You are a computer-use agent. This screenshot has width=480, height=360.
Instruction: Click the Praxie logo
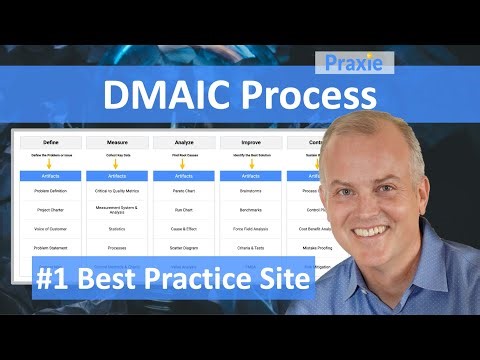tap(352, 63)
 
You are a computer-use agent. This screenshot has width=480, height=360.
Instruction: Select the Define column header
tap(50, 142)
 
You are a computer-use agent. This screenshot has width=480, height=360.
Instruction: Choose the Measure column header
tap(117, 142)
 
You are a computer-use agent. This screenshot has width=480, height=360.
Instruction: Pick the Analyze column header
tap(183, 142)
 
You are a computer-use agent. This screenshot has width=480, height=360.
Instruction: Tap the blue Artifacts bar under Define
tap(50, 175)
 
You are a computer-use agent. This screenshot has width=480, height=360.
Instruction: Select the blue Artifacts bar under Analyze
tap(183, 175)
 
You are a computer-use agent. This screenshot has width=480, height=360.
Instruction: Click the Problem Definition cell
tap(50, 188)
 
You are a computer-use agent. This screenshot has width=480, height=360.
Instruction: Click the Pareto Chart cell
tap(183, 188)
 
